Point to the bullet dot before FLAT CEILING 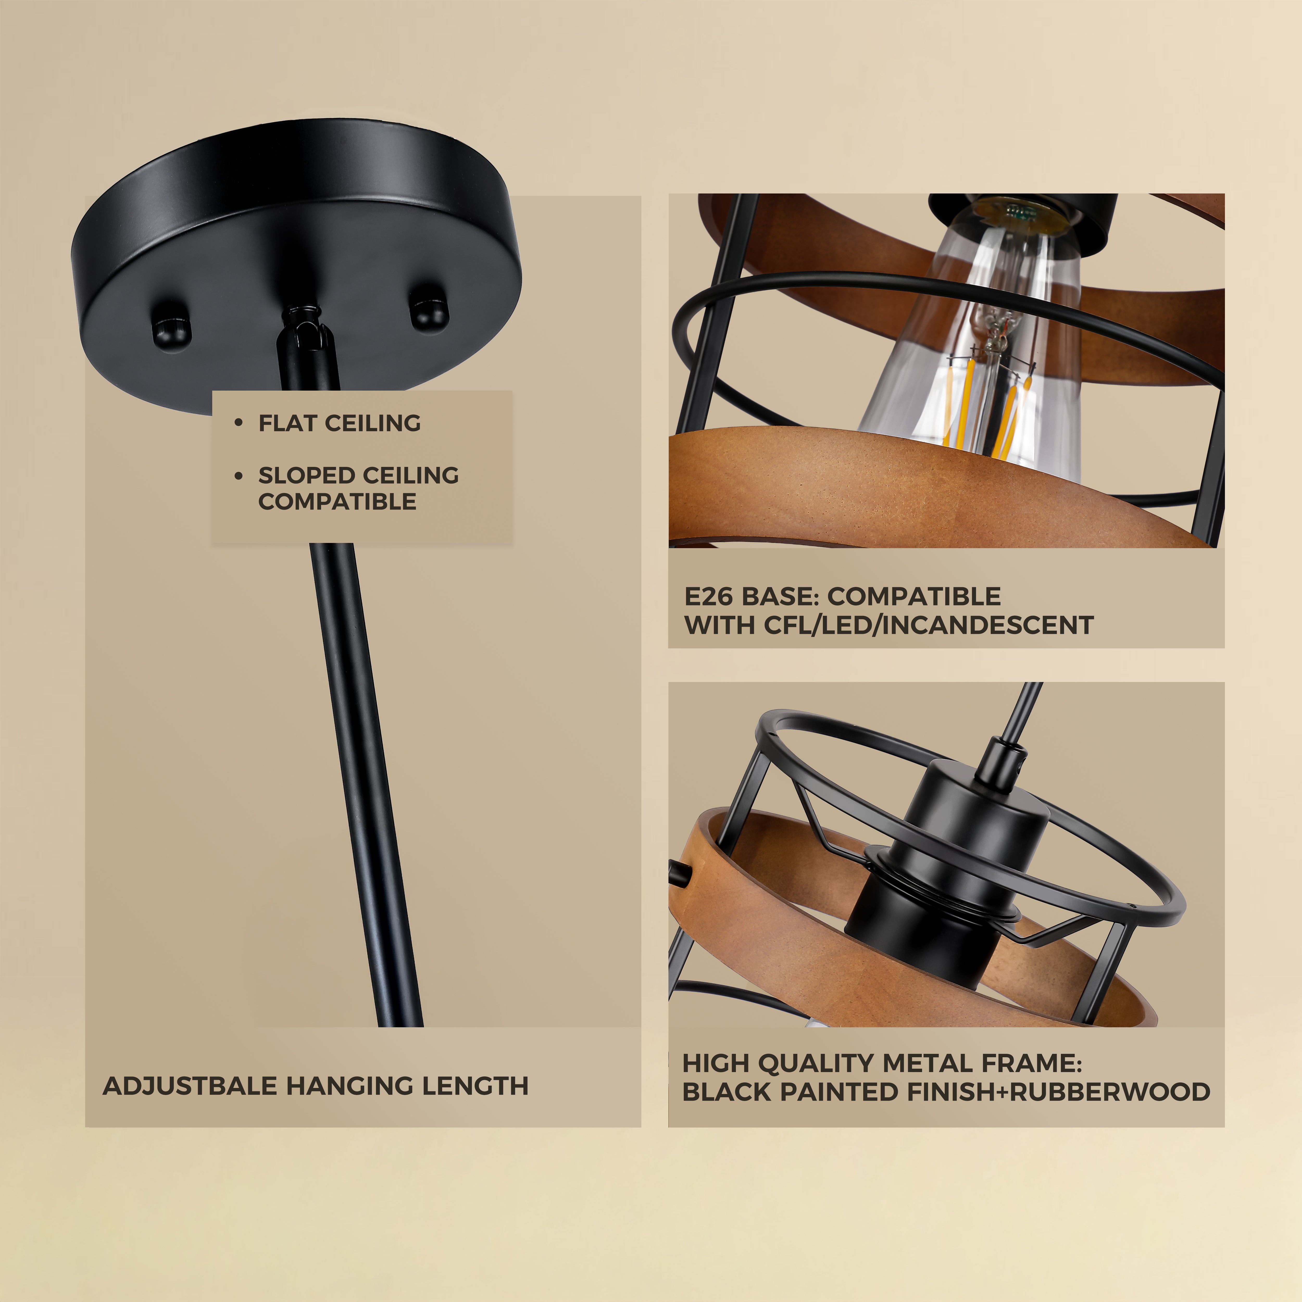tap(238, 423)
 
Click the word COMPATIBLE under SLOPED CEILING tap(337, 501)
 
